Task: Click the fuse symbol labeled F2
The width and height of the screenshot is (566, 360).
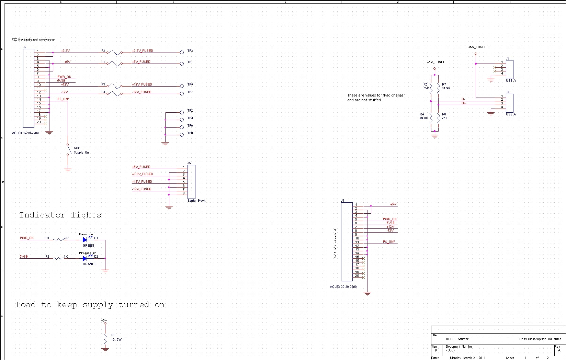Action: coord(114,53)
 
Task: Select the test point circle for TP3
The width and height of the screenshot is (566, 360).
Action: coord(182,53)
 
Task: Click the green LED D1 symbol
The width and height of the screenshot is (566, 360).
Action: coord(85,240)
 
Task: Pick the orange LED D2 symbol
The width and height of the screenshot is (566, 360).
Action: coord(85,258)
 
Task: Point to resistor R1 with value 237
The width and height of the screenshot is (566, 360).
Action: coord(58,240)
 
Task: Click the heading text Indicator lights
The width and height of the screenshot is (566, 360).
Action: coord(60,215)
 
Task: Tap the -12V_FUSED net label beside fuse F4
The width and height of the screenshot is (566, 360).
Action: coord(141,92)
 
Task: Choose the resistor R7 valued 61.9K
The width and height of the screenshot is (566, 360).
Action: coord(439,88)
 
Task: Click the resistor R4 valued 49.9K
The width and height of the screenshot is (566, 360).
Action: coord(431,117)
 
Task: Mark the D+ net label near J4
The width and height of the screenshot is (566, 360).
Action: coord(464,103)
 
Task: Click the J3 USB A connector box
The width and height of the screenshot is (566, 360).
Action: coord(510,69)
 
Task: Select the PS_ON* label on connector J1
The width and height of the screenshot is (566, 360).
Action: coord(389,242)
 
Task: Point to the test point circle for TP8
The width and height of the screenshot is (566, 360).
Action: coord(182,135)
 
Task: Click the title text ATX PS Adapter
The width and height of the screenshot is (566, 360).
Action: coord(457,339)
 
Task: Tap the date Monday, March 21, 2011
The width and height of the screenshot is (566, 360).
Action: coord(467,358)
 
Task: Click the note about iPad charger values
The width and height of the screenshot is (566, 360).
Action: coord(376,98)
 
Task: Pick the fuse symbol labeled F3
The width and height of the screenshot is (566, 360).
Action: coord(114,86)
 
